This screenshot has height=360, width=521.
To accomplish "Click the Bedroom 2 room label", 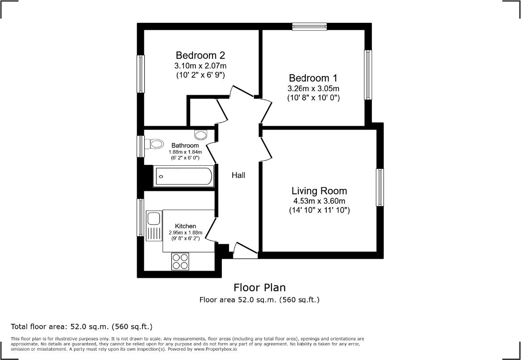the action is pyautogui.click(x=200, y=55).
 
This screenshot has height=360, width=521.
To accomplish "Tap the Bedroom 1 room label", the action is pyautogui.click(x=313, y=78).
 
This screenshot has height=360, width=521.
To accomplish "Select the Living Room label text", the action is pyautogui.click(x=319, y=191).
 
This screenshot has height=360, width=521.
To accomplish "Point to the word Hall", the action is pyautogui.click(x=238, y=175).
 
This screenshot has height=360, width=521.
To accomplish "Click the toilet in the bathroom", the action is pyautogui.click(x=154, y=144).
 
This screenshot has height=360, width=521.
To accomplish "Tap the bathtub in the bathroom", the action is pyautogui.click(x=183, y=176).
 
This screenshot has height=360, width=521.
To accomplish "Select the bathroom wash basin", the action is pyautogui.click(x=200, y=134).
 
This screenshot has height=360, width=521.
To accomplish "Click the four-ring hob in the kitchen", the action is pyautogui.click(x=180, y=261).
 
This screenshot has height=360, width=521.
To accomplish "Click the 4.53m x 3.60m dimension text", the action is pyautogui.click(x=319, y=201).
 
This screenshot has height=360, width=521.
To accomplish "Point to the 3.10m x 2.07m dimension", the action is pyautogui.click(x=200, y=66).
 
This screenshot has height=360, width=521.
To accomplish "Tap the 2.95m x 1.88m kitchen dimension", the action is pyautogui.click(x=185, y=233).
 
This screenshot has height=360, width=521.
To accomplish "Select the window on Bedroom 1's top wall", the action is pyautogui.click(x=310, y=27).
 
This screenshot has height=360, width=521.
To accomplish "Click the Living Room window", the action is pyautogui.click(x=380, y=188).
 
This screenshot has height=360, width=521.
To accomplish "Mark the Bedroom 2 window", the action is pyautogui.click(x=141, y=74).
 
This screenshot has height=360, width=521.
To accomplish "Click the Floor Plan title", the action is pyautogui.click(x=259, y=287).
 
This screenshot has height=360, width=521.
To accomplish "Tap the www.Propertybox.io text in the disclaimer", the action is pyautogui.click(x=215, y=349).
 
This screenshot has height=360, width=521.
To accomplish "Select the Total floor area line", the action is pyautogui.click(x=82, y=327).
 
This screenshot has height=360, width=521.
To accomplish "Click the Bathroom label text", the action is pyautogui.click(x=185, y=146).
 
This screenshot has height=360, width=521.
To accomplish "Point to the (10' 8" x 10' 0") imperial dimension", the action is pyautogui.click(x=313, y=98).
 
